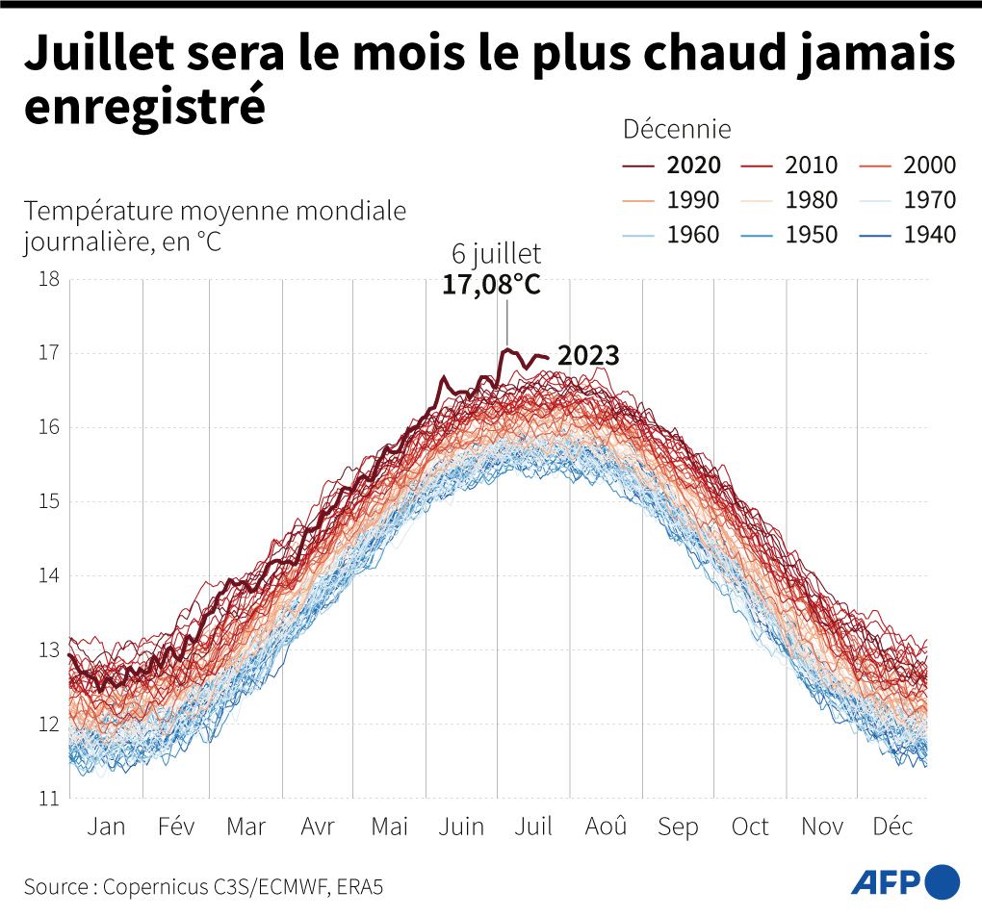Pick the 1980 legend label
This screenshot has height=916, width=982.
point(811,200)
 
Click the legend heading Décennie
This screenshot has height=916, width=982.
point(677,129)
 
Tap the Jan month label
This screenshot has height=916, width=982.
point(106,827)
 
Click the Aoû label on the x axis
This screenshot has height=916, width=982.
point(607,827)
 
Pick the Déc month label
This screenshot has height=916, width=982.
point(892,827)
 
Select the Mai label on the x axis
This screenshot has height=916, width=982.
point(390,827)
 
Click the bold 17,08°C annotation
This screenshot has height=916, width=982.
point(491,285)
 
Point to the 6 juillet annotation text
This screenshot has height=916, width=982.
point(497,254)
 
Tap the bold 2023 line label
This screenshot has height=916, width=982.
point(588,356)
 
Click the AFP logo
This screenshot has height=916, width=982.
point(905,880)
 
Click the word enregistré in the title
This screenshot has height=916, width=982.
point(144,106)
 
